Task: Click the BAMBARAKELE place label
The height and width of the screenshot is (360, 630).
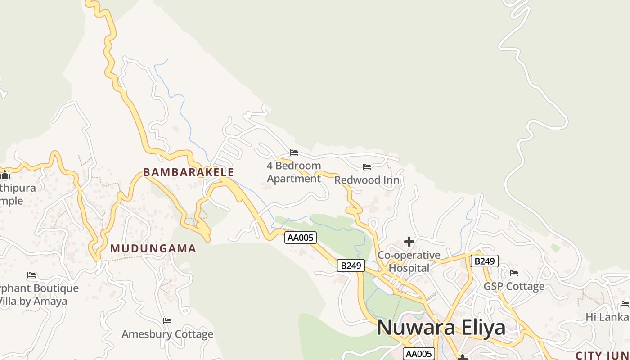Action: (x=189, y=172)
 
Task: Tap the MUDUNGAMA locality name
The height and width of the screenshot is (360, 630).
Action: (x=153, y=248)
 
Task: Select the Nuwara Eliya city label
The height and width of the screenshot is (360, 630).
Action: (x=441, y=327)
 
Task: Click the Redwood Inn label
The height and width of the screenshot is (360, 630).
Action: (x=367, y=180)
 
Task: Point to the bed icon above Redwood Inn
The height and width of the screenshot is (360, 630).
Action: (x=367, y=167)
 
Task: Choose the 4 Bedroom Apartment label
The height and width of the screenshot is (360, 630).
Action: (x=294, y=172)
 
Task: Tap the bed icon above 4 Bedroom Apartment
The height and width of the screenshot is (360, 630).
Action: (x=294, y=153)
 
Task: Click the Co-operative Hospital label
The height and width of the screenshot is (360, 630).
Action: (x=409, y=261)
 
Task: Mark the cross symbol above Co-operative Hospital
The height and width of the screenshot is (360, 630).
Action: (x=409, y=242)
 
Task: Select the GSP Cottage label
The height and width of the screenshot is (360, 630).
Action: (x=514, y=287)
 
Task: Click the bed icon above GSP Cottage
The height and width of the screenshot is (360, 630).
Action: (x=514, y=273)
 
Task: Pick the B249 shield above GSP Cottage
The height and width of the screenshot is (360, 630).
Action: (x=484, y=261)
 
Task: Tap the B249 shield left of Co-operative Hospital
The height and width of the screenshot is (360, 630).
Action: (x=351, y=265)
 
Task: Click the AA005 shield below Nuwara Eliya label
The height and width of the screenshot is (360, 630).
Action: (x=419, y=354)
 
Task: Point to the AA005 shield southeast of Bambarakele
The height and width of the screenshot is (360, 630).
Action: (x=301, y=238)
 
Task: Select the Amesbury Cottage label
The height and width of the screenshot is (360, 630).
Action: (x=167, y=334)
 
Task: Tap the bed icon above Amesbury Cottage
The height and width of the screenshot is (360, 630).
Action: (x=167, y=321)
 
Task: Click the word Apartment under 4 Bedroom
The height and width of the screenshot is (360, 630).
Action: (x=294, y=179)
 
